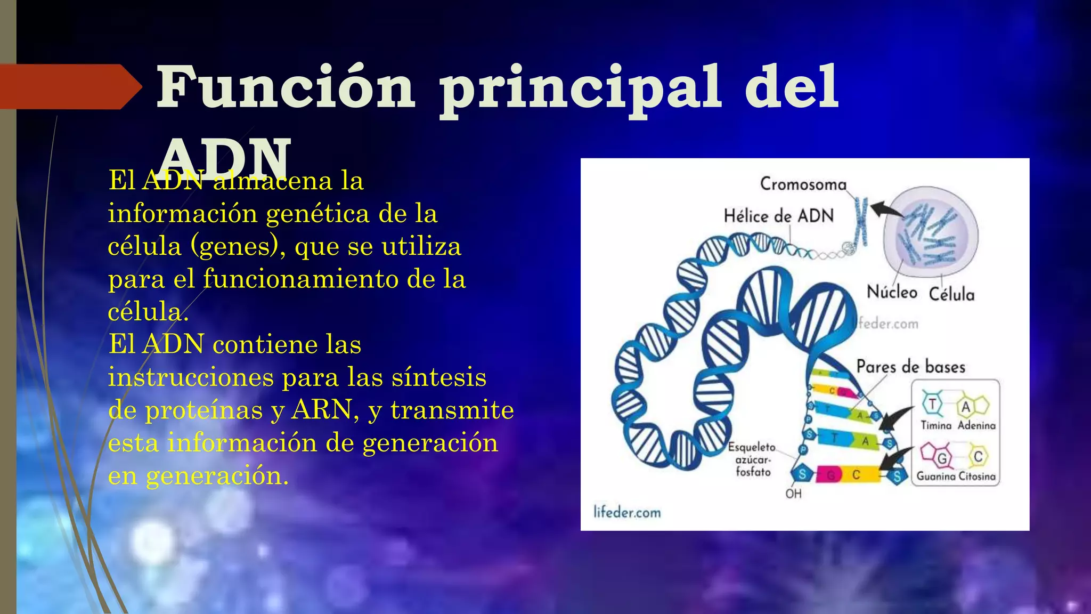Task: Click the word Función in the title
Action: click(285, 87)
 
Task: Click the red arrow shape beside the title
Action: click(69, 87)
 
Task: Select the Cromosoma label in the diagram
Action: click(803, 184)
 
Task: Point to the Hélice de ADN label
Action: click(778, 216)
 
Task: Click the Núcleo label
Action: click(892, 292)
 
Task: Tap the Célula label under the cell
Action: click(951, 294)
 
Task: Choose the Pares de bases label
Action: click(910, 367)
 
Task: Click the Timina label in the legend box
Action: click(936, 425)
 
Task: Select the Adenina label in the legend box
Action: click(976, 425)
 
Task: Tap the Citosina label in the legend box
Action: click(977, 476)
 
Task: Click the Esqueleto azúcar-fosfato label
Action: click(752, 459)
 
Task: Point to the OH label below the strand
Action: click(793, 494)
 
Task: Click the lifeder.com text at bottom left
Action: click(627, 513)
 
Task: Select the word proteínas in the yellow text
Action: click(204, 410)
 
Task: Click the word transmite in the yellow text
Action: click(452, 410)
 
